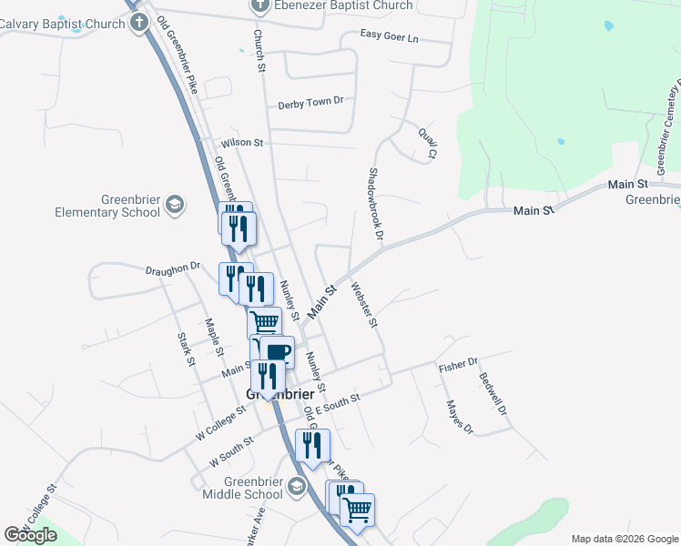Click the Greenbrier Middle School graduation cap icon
point(295,488)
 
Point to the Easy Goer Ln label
point(389,36)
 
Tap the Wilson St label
point(241,143)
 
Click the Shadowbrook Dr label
point(375,204)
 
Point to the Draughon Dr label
point(172,268)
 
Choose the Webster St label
point(369,304)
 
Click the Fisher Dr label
point(458,366)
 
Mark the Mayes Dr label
point(460,416)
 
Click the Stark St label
point(186,349)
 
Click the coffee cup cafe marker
point(280,351)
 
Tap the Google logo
point(30,534)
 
